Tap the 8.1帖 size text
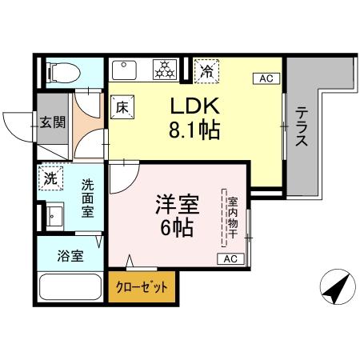point(193,128)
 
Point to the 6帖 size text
point(177,227)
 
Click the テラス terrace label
point(302,127)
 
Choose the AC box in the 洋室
point(230,258)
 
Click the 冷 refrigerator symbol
point(207,70)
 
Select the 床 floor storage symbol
point(122,106)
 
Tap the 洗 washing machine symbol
point(50,179)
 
